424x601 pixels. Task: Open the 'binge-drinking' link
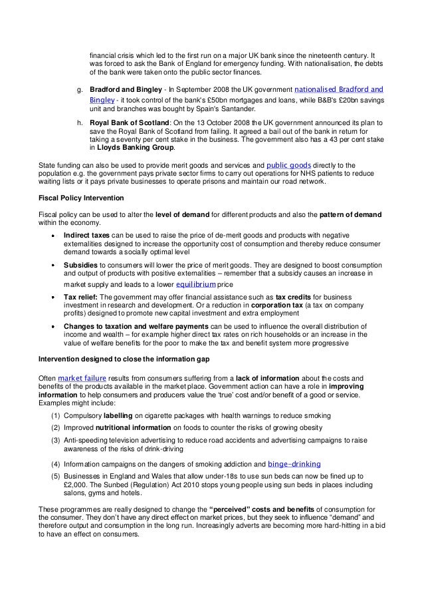click(294, 463)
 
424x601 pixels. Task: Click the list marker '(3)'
click(54, 440)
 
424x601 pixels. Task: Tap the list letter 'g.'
click(81, 89)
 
